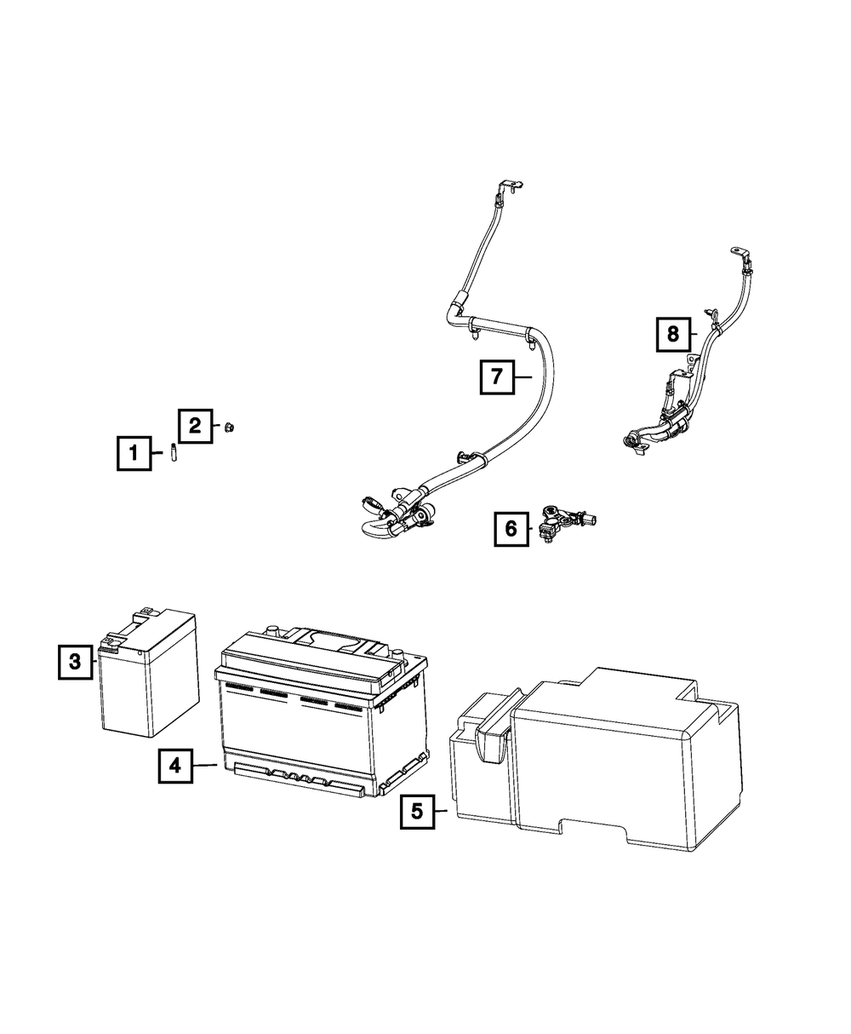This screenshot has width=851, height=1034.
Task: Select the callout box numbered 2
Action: click(195, 425)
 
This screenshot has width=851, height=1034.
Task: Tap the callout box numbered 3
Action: click(76, 661)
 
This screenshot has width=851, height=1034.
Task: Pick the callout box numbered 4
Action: click(174, 766)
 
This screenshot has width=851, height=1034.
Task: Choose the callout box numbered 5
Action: click(417, 811)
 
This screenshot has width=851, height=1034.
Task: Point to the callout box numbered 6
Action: click(511, 529)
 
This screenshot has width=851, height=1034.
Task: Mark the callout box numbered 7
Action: click(497, 376)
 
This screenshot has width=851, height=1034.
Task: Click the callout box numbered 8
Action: click(673, 335)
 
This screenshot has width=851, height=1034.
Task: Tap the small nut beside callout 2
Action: click(228, 427)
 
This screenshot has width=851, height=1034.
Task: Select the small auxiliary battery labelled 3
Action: click(151, 677)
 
